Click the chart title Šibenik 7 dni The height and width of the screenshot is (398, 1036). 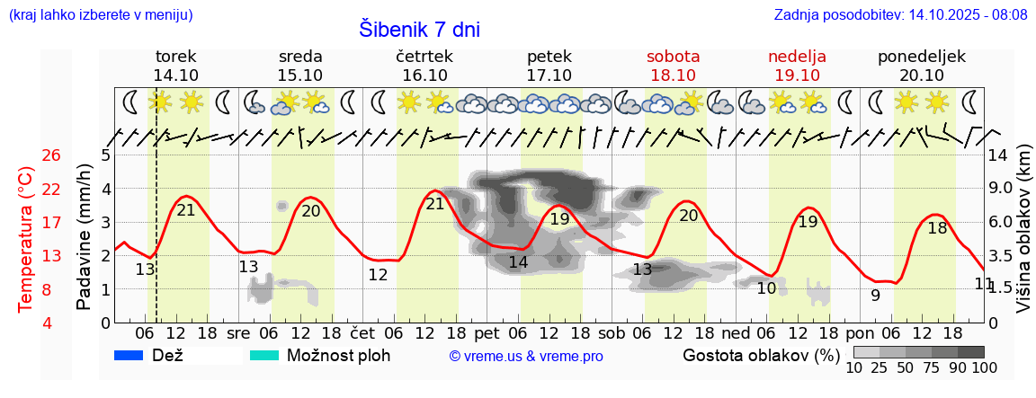419,30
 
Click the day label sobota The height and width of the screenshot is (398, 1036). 673,56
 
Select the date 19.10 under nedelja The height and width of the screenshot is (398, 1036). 797,75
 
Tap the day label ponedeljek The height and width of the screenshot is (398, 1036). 922,56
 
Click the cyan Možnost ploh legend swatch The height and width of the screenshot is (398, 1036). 264,355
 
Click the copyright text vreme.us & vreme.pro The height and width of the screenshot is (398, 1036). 525,356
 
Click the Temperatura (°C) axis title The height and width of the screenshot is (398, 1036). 27,239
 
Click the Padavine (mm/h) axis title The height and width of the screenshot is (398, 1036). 85,237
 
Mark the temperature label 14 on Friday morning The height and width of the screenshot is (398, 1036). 518,262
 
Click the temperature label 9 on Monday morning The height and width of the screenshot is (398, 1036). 875,295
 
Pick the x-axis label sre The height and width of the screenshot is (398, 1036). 238,332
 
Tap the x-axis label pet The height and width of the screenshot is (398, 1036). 487,332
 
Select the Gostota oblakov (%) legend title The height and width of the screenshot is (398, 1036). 761,355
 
